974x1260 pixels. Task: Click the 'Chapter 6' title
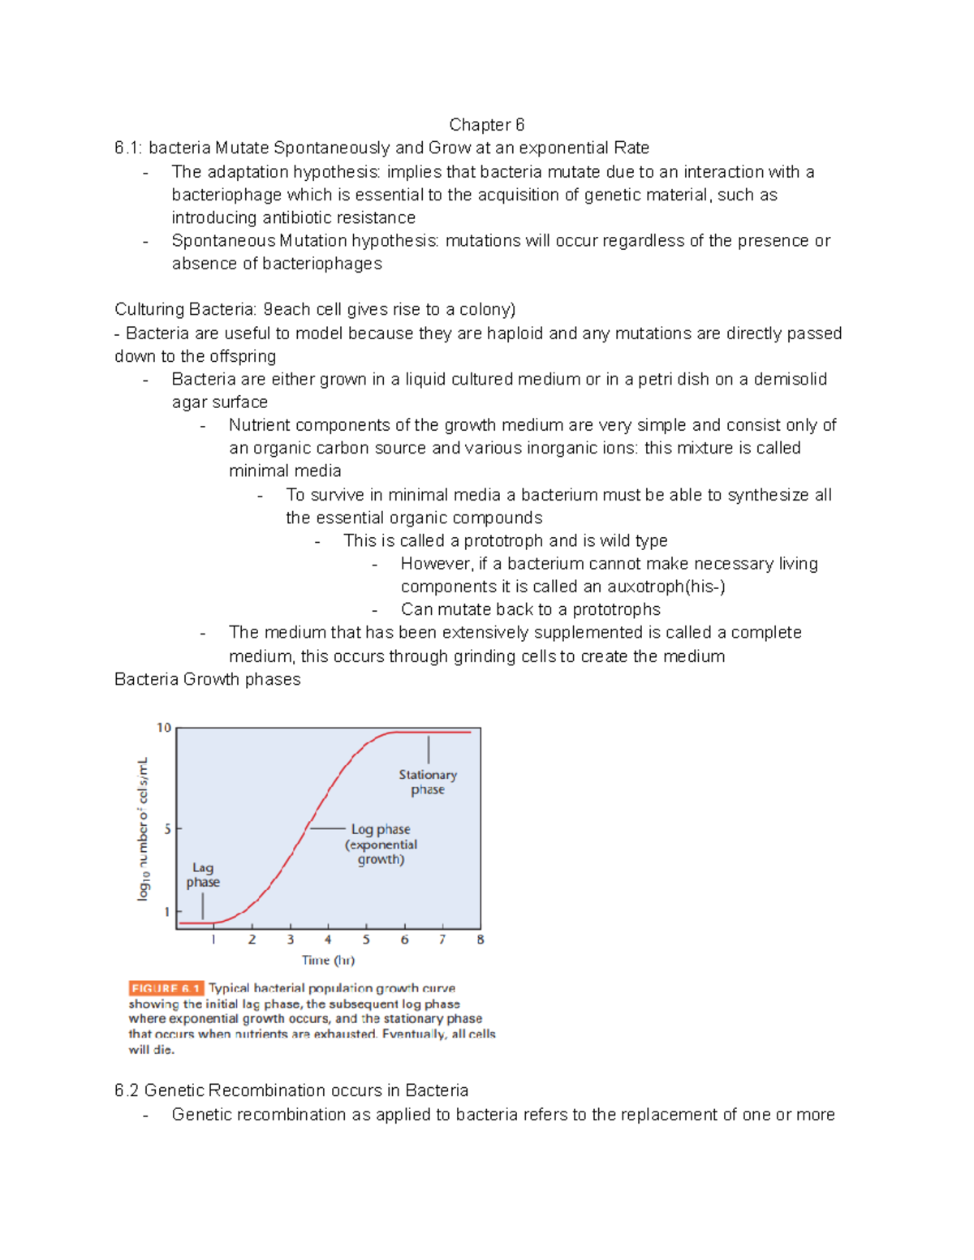[x=486, y=125]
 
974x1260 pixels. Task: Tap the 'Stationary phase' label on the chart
[x=428, y=782]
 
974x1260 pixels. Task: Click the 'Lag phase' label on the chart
[x=203, y=875]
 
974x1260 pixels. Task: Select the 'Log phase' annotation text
[x=381, y=829]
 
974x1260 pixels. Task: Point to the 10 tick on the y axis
[x=164, y=728]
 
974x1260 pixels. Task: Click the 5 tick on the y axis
[x=167, y=829]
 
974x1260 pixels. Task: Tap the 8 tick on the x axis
[x=481, y=940]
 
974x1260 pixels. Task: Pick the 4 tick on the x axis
[x=328, y=940]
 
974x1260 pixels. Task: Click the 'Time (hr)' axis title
[x=328, y=961]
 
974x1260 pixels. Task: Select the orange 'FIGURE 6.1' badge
[x=166, y=988]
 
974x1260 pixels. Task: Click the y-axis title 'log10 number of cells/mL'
[x=143, y=828]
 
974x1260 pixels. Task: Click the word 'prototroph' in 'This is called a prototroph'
[x=504, y=541]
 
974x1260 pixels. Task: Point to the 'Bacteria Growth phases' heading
[x=208, y=679]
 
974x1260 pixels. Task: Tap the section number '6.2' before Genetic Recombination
[x=127, y=1090]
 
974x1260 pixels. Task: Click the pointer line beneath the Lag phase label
[x=203, y=905]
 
